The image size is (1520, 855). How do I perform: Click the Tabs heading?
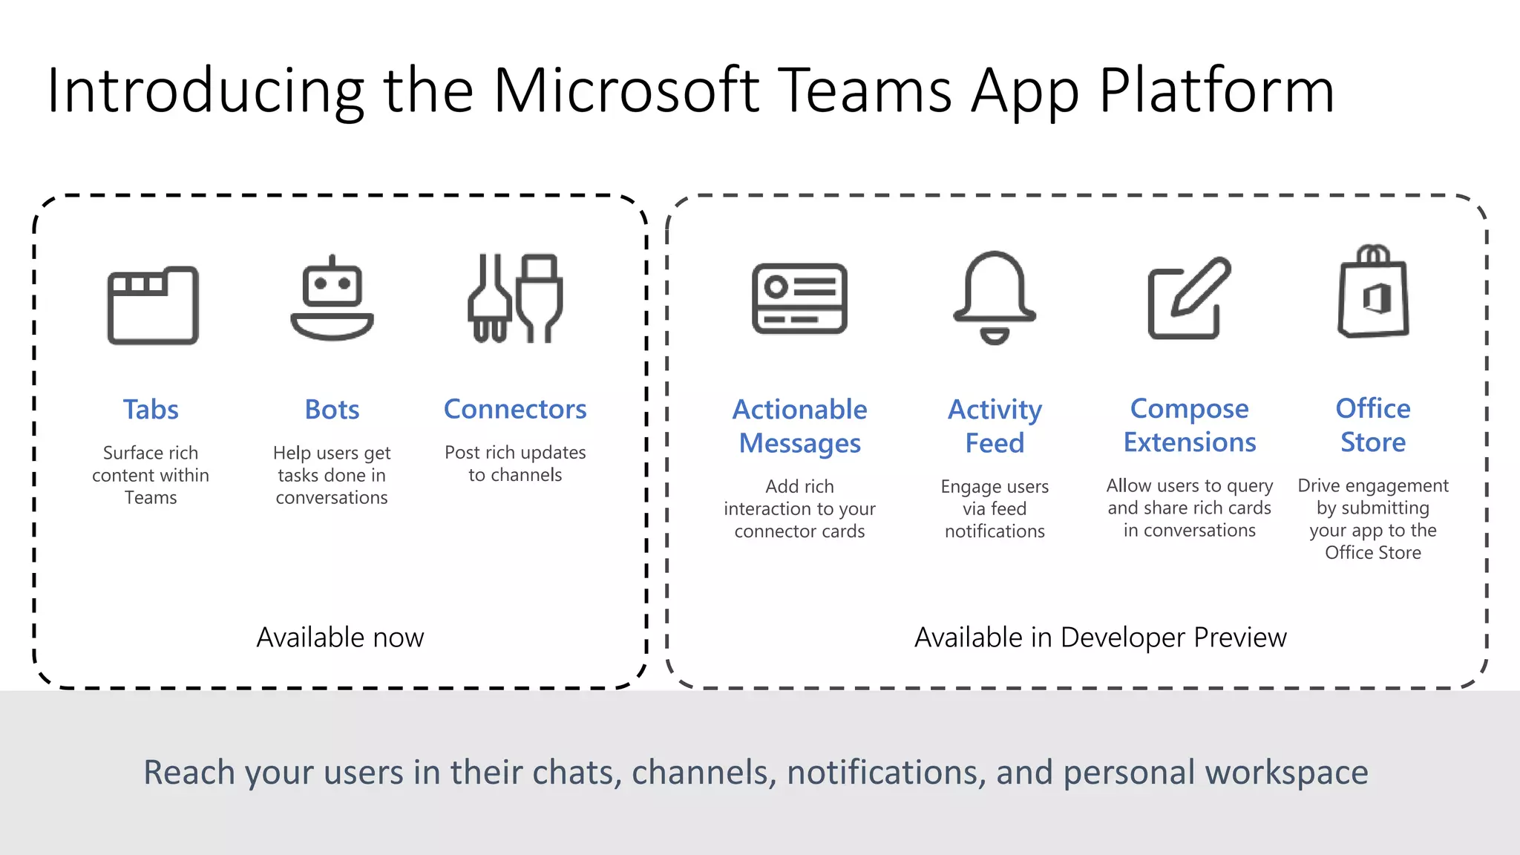coord(151,410)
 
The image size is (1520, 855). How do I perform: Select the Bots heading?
coord(332,410)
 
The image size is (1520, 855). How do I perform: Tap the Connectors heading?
coord(515,409)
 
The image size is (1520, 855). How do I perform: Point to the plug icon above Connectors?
coord(515,298)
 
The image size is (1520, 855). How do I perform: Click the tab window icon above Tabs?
coord(153,305)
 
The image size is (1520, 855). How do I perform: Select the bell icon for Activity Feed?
coord(995,298)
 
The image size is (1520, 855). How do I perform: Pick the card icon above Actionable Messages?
coord(799,298)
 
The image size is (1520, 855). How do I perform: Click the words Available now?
coord(340,638)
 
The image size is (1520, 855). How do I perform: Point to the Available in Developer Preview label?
coord(1100,638)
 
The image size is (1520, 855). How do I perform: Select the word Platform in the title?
coord(1216,92)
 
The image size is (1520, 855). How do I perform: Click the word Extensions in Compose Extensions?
coord(1190,442)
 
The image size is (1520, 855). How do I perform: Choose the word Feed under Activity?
coord(995,443)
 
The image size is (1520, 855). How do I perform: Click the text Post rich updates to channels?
coord(515,464)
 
